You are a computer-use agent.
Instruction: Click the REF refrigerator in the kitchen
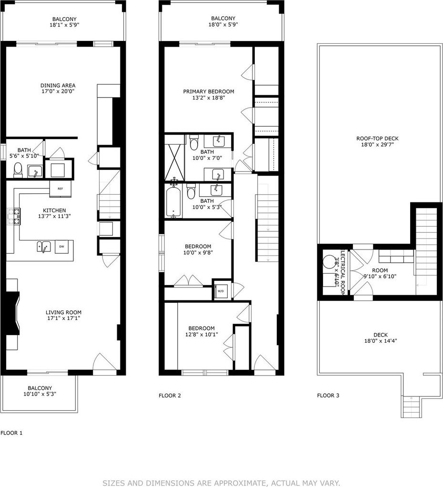coord(60,189)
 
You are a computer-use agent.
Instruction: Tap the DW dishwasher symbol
coord(61,247)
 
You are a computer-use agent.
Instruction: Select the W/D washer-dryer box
coord(221,291)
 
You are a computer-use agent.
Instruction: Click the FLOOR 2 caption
coord(170,396)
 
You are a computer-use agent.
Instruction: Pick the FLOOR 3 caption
coord(328,396)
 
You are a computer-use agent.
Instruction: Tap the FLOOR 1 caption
coord(11,433)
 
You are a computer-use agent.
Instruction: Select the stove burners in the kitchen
coord(14,217)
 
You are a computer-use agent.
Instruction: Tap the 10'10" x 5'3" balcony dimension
coord(40,394)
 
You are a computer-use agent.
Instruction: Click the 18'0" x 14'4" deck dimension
coord(381,341)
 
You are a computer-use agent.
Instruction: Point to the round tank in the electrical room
coord(328,262)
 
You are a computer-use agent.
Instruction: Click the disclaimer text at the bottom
coord(221,483)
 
